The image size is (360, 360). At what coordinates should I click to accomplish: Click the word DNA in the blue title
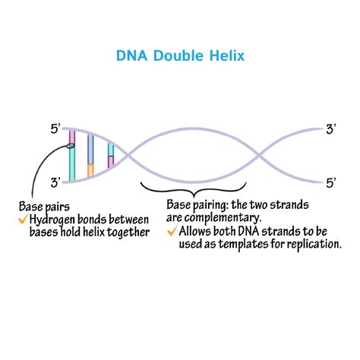point(131,56)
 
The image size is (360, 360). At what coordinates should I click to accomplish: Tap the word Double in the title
point(178,56)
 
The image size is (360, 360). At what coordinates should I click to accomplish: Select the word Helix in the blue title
point(227,55)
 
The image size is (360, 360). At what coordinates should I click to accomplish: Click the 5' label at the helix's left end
point(55,129)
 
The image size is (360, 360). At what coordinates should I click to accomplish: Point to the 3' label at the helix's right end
point(331,129)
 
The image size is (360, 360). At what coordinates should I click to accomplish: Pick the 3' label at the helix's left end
point(55,182)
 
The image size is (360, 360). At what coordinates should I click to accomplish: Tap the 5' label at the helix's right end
point(331,183)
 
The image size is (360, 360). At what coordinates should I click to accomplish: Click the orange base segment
point(90,170)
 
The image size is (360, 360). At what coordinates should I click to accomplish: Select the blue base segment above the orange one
point(90,149)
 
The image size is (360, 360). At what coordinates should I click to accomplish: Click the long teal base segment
point(72,164)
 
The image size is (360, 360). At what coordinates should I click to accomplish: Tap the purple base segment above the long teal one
point(72,137)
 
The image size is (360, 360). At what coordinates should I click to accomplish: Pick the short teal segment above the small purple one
point(111,150)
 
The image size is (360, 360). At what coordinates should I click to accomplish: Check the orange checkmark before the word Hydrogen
point(23,219)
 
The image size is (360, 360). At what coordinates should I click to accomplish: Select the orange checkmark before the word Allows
point(172,231)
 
